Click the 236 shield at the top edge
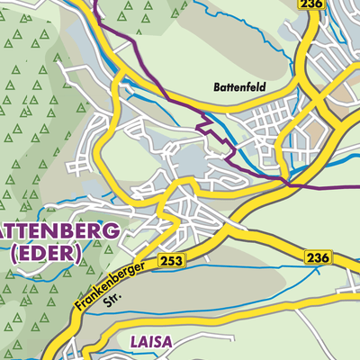[x=310, y=5]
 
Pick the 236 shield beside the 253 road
[x=318, y=258]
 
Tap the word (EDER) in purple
[x=46, y=254]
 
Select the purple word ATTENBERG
[x=58, y=231]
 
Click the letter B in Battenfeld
[x=217, y=88]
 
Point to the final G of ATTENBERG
[x=110, y=231]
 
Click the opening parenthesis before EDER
[x=13, y=254]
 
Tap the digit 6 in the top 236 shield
[x=319, y=5]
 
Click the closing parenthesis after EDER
[x=78, y=254]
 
